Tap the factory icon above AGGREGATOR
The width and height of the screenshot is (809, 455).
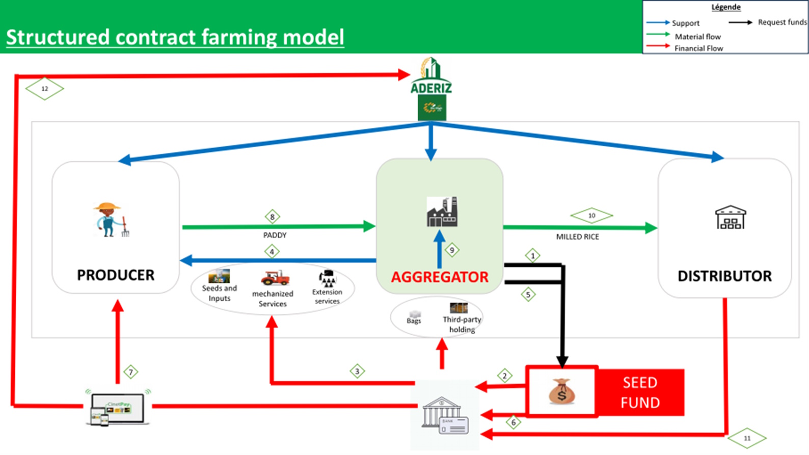click(x=442, y=211)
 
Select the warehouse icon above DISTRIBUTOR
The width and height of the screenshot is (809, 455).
click(x=730, y=218)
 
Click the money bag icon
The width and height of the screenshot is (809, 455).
click(x=561, y=391)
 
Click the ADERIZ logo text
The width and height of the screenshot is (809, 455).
click(x=431, y=88)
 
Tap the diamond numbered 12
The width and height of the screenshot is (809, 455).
click(x=45, y=89)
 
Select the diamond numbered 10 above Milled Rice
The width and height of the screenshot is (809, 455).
click(x=591, y=216)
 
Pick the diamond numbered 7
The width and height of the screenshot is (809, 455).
click(x=131, y=372)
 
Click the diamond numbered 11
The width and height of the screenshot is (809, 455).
click(x=747, y=438)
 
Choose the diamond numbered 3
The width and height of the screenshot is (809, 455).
click(x=357, y=371)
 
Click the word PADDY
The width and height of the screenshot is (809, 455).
click(x=275, y=235)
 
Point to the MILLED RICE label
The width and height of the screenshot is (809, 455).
click(x=577, y=237)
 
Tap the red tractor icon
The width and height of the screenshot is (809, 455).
click(x=275, y=278)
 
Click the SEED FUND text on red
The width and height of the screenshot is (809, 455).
click(x=640, y=392)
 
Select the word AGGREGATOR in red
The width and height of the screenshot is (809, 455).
click(x=440, y=277)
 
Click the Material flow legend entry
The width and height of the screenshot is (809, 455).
click(x=697, y=37)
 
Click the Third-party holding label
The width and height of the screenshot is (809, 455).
click(x=462, y=324)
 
